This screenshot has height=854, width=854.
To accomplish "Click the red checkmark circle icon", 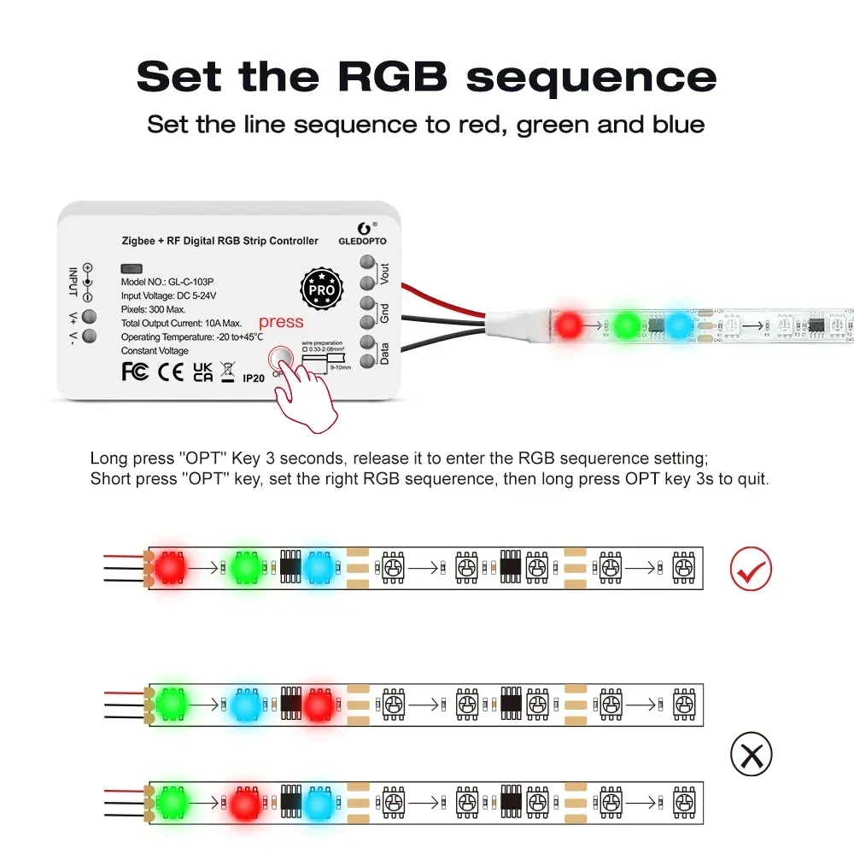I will (751, 569).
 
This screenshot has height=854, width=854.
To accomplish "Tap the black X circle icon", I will (751, 755).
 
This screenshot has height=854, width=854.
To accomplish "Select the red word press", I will (281, 322).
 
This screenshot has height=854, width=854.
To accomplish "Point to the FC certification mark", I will (135, 371).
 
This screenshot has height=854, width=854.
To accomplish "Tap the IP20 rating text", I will (254, 377).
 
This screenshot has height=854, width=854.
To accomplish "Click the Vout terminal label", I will (384, 274).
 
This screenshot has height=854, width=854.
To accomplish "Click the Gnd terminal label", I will (384, 313).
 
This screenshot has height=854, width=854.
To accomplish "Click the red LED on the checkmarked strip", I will (169, 566).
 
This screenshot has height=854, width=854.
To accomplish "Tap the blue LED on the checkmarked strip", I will (319, 566).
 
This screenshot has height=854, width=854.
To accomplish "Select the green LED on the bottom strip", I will (171, 803).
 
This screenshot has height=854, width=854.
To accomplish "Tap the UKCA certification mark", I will (203, 371).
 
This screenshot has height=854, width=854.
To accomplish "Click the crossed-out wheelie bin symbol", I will (227, 371).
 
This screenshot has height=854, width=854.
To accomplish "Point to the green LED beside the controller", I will (628, 325).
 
